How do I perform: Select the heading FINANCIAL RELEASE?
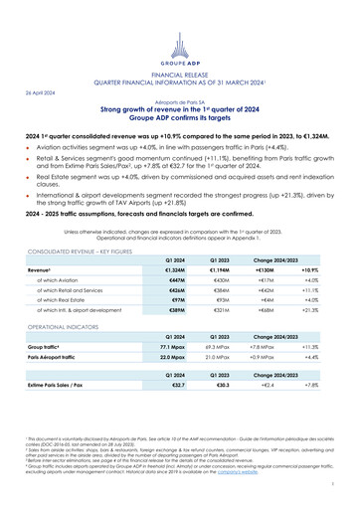180,74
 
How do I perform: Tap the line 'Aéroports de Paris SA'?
180,102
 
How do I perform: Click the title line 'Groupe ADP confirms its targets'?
180,118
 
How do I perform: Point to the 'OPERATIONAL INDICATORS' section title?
63,325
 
